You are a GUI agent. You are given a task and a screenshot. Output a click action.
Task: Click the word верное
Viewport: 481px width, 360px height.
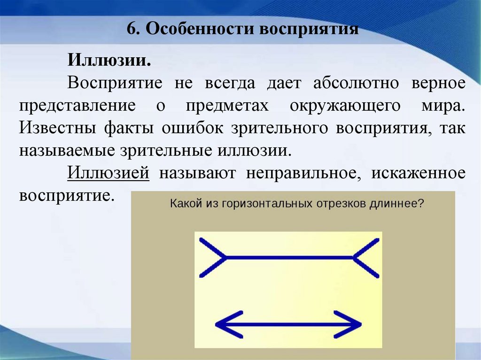[x=439, y=83]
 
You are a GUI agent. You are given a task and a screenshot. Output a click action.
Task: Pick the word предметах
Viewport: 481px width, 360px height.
[x=227, y=105]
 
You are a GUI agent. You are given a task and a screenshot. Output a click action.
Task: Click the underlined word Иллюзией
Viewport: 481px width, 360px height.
[x=109, y=172]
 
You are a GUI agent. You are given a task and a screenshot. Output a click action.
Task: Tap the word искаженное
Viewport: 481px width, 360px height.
[x=419, y=172]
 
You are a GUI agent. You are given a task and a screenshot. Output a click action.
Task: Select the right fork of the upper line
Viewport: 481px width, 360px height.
[x=366, y=257]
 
